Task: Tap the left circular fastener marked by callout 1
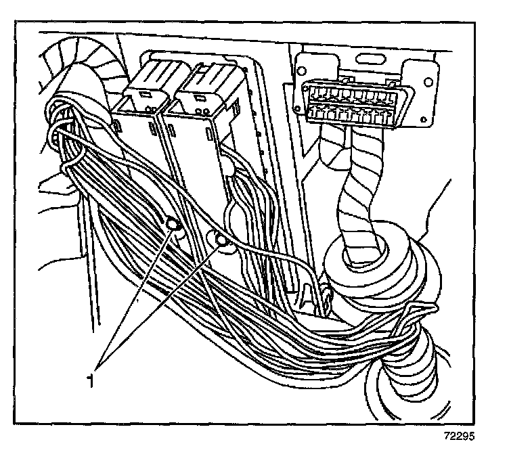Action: point(172,225)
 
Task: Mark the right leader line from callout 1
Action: point(162,305)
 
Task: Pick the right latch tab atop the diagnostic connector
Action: point(386,83)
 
